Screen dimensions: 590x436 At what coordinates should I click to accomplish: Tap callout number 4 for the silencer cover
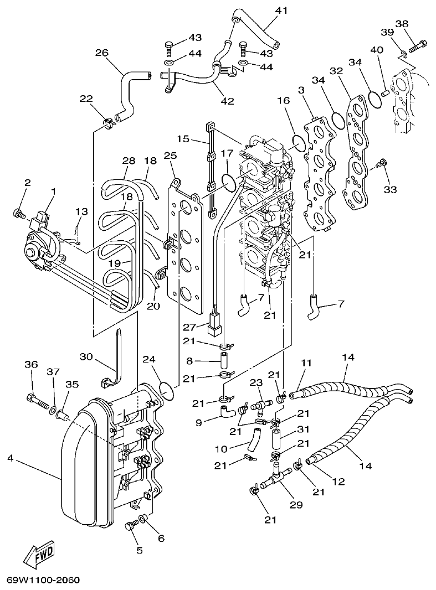[11, 458]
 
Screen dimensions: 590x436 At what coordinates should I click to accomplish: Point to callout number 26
[101, 53]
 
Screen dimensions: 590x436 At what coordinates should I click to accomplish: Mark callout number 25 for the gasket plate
[170, 157]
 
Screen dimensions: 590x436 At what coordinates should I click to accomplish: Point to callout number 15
[183, 138]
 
